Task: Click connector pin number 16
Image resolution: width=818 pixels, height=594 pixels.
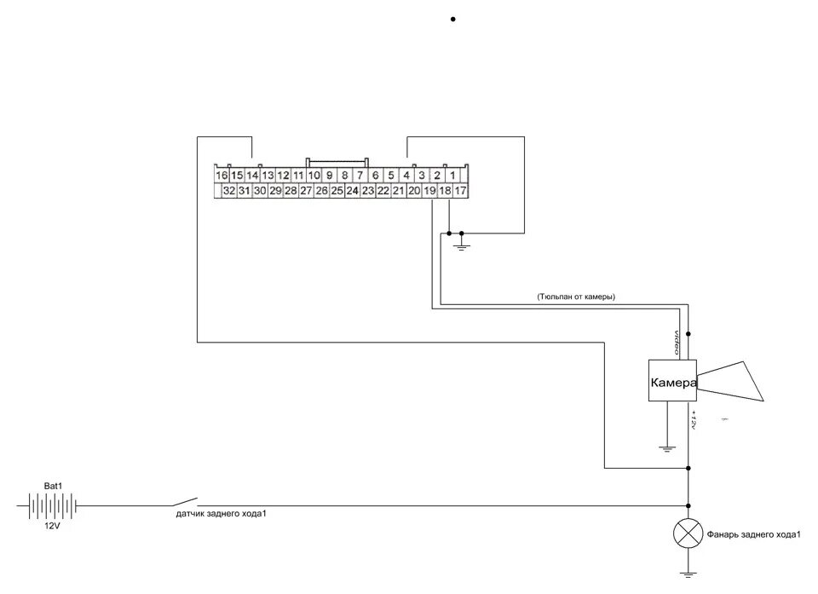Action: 222,176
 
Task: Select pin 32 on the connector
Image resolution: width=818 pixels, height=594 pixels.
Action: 228,192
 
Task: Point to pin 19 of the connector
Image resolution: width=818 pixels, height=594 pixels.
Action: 429,192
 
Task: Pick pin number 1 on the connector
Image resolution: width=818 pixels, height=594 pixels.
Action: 452,176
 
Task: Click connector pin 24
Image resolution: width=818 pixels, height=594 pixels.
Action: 352,192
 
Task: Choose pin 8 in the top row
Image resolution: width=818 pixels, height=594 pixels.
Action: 344,176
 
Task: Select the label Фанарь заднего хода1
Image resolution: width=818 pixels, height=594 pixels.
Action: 754,535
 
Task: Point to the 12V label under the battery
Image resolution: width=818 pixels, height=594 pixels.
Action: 54,526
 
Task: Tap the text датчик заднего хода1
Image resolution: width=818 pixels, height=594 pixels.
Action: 227,514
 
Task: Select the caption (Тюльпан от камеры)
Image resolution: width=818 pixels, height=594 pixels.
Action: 576,297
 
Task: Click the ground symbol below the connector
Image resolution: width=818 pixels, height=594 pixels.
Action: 461,245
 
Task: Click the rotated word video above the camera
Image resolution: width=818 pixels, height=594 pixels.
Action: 677,342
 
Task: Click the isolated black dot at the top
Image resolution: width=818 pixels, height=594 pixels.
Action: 452,19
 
